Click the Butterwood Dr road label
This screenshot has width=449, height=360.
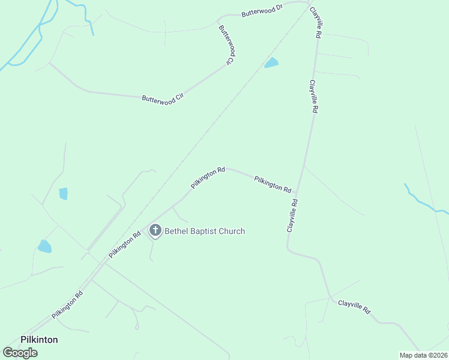point(262,11)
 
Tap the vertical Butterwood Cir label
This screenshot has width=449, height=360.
point(226,45)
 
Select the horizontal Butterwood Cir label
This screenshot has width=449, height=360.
point(162,97)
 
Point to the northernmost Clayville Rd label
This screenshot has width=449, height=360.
point(315,23)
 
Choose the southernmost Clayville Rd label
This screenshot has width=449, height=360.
point(354,308)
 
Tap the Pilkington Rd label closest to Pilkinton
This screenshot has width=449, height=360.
point(67,305)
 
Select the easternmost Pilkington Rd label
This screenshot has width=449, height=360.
point(273,184)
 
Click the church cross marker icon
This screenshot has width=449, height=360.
point(155,230)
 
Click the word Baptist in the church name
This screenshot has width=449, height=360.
point(205,231)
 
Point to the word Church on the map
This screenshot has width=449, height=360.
point(234,231)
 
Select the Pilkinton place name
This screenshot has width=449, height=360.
point(40,340)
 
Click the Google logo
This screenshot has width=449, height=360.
point(20,353)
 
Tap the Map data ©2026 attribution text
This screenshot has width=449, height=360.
point(423,355)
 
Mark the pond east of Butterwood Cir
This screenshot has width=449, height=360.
point(272,63)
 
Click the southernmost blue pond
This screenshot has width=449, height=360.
point(44,246)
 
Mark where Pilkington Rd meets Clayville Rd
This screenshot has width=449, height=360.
point(297,194)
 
